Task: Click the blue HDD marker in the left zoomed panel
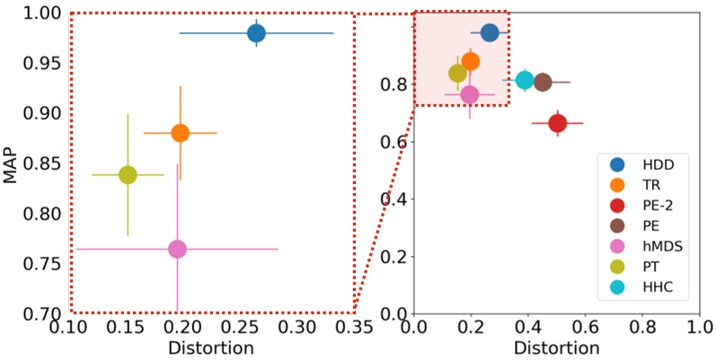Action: [256, 33]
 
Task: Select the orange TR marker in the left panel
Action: [180, 133]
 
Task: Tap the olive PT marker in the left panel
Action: [128, 174]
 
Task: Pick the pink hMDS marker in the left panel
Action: [177, 249]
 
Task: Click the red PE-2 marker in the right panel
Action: [557, 123]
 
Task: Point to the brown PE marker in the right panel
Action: [543, 82]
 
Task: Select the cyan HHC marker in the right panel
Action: [525, 80]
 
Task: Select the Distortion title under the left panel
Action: [212, 347]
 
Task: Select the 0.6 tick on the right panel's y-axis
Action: [396, 142]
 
